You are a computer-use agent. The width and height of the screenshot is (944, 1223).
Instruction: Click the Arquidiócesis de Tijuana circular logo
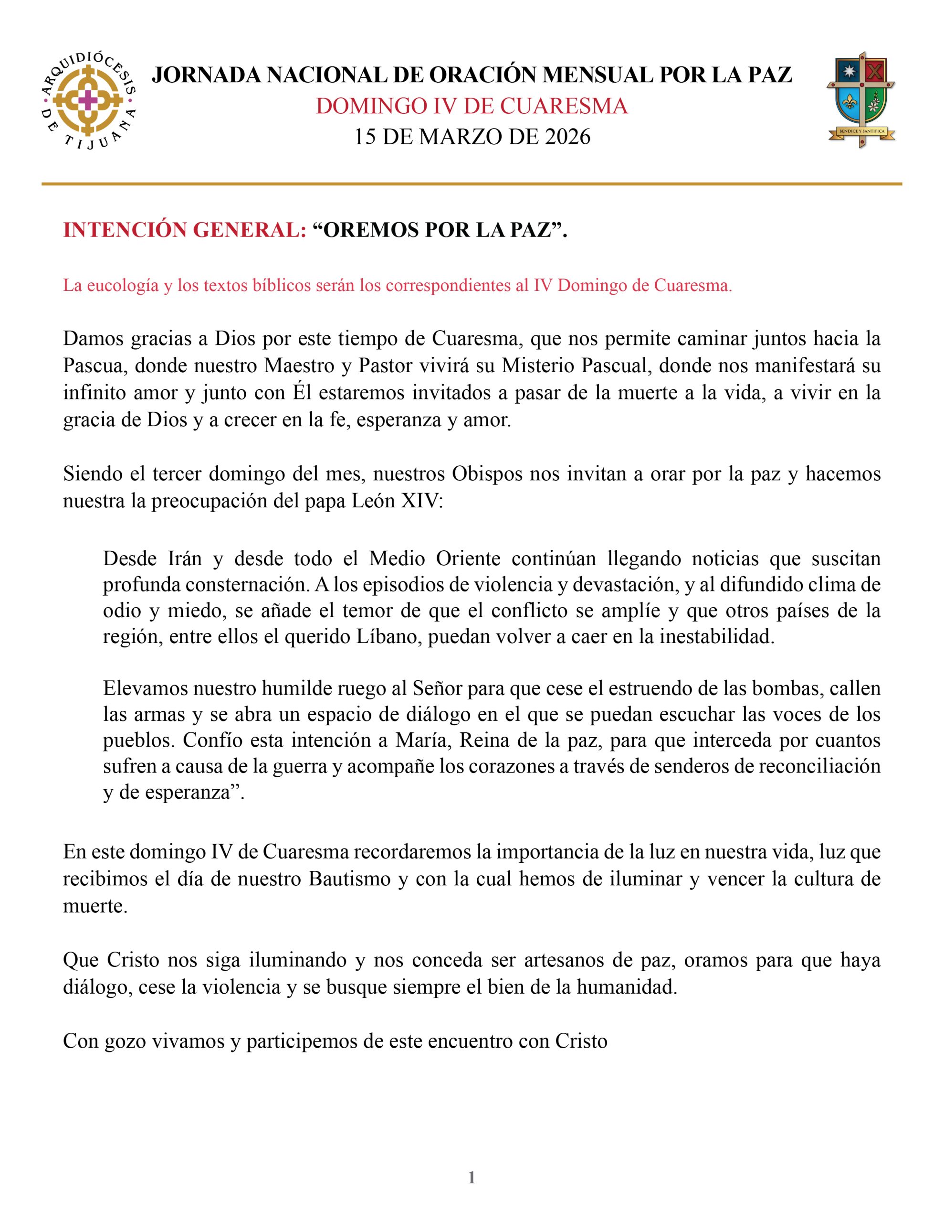pos(89,101)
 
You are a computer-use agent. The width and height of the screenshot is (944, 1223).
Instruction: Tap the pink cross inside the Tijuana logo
pos(88,101)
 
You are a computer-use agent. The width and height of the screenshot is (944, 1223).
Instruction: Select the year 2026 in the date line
pos(564,137)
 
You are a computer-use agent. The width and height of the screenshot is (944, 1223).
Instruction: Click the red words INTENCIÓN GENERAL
pos(185,230)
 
